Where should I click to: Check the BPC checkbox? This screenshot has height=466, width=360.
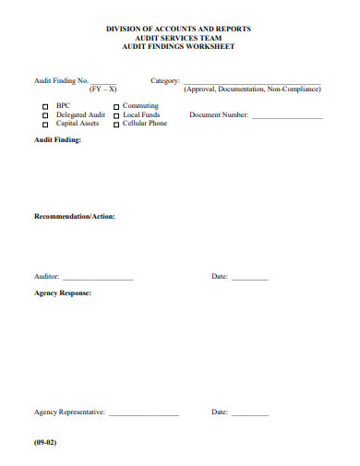(x=45, y=107)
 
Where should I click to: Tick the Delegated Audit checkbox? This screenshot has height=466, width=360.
(x=45, y=115)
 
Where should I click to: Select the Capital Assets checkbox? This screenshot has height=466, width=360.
(x=45, y=124)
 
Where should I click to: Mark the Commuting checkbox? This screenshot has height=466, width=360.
(x=115, y=107)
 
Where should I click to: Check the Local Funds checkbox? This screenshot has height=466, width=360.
(x=115, y=115)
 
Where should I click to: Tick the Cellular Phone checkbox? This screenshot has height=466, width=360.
(x=115, y=124)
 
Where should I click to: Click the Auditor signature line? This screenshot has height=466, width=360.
(x=98, y=279)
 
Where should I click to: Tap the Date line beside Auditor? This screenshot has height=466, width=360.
(x=249, y=279)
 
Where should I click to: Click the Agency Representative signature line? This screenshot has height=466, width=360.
(x=144, y=414)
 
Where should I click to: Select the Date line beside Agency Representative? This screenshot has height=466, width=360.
(x=249, y=414)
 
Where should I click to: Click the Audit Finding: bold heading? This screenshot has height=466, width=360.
(x=57, y=140)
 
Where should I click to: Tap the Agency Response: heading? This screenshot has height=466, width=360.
(x=63, y=293)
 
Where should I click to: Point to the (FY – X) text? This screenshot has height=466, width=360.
(x=102, y=90)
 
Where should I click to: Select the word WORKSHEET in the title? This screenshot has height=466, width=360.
(x=215, y=46)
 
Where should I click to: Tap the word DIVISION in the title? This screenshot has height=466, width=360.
(x=127, y=30)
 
